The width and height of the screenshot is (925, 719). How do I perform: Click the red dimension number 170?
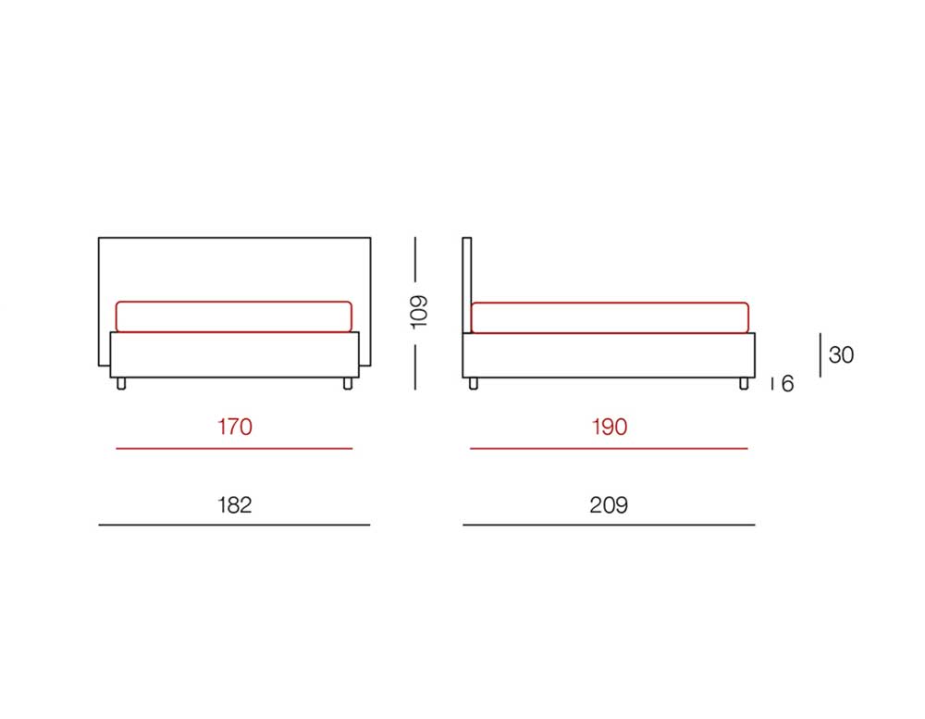point(235,427)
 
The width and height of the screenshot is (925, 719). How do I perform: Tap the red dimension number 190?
point(610,427)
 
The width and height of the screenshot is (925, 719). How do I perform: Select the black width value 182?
point(235,505)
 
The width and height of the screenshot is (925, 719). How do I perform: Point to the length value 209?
point(609,505)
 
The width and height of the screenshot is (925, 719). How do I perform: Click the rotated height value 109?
point(418,312)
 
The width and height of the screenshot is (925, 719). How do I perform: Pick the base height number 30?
point(841,354)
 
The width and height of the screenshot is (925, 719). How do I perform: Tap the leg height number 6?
point(787,384)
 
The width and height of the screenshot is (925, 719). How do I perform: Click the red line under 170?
point(234,449)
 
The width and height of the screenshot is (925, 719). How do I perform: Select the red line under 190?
point(609,449)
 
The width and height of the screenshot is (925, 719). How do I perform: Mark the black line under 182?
point(234,525)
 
